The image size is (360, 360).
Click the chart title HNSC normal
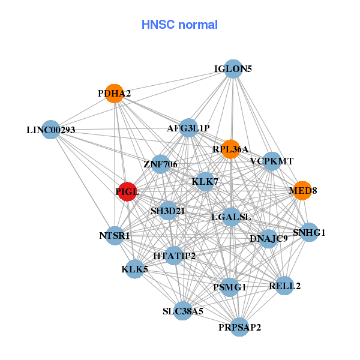point(179,25)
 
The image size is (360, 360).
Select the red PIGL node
point(127,191)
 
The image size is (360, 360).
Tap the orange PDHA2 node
point(114,93)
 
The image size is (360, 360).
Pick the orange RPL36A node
point(230,148)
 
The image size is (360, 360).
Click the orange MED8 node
point(302,190)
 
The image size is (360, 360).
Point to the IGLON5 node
point(233,68)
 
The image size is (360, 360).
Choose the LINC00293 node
point(51,130)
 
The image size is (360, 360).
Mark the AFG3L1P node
point(188,127)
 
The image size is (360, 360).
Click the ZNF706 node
point(160,164)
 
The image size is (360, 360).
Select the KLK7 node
point(206,181)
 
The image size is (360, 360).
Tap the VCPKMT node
point(272,161)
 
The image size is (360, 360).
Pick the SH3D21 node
point(168,211)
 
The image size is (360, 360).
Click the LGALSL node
point(231,217)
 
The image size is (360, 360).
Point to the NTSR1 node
point(115,235)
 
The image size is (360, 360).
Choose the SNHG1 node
point(309,232)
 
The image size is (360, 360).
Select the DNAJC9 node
point(268,238)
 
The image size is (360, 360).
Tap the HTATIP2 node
point(174,256)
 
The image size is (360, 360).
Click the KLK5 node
point(134,269)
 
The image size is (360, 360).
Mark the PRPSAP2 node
point(239,326)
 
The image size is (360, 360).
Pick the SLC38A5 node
point(183,311)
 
